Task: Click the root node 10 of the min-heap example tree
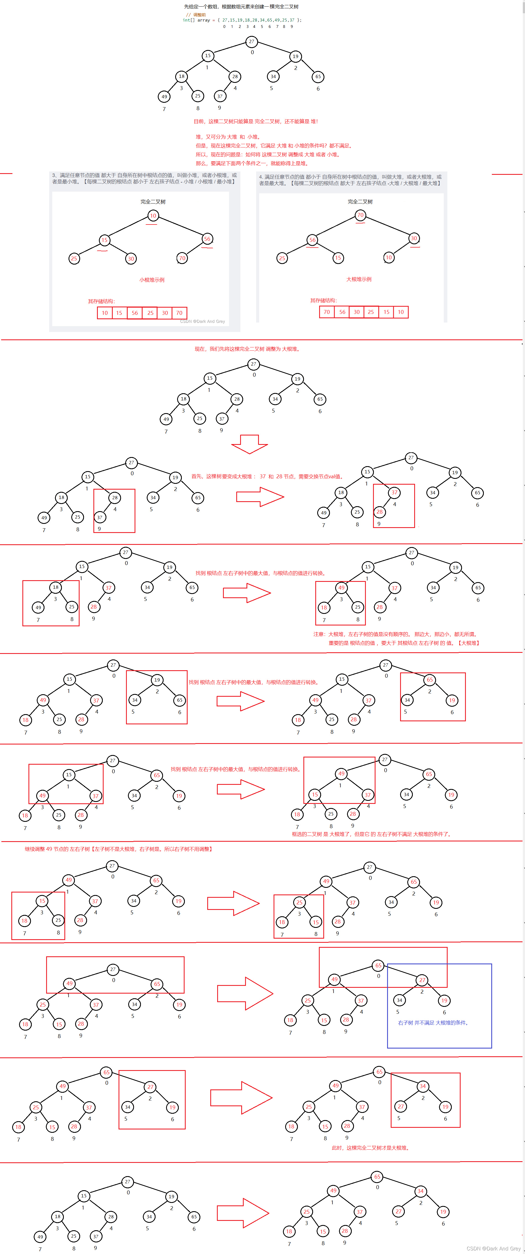(153, 216)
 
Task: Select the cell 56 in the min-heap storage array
(134, 313)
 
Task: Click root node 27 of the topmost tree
(251, 41)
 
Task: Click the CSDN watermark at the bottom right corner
(493, 1249)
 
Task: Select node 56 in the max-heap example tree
(312, 239)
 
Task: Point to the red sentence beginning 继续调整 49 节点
(118, 849)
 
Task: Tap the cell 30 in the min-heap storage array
(165, 313)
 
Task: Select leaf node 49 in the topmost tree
(164, 96)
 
